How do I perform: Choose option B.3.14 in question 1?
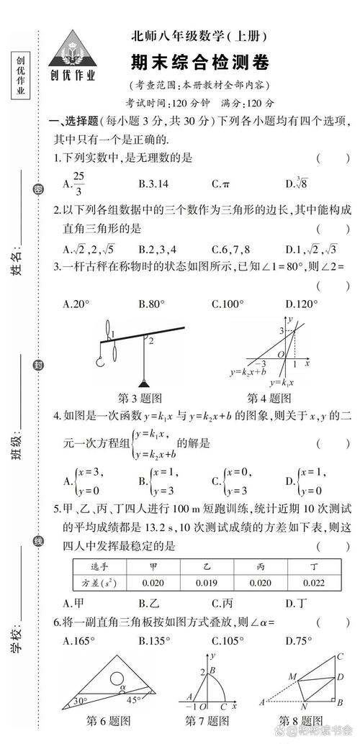coord(153,183)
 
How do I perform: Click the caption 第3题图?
coord(139,398)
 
